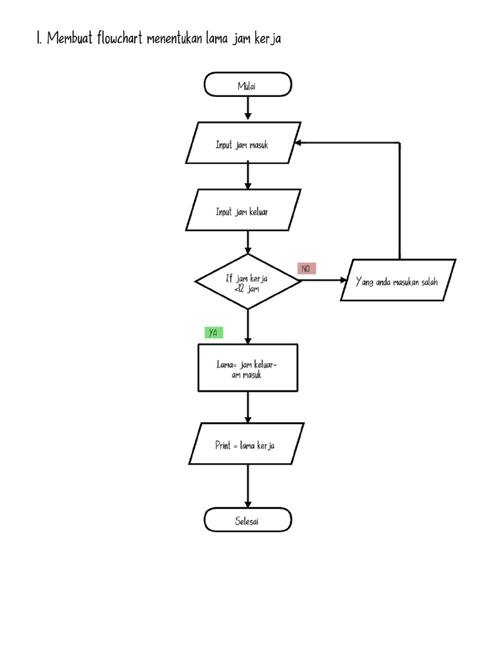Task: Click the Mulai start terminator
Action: tap(247, 85)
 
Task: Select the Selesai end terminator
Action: tap(247, 521)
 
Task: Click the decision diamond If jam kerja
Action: tap(247, 282)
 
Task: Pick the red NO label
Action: tap(306, 269)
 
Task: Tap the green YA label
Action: tap(213, 333)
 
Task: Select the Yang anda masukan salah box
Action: tap(397, 280)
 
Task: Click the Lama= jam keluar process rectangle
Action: tap(247, 368)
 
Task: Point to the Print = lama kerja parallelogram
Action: tap(246, 445)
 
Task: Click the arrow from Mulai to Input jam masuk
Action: tap(247, 109)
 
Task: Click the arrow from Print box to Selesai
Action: tap(247, 487)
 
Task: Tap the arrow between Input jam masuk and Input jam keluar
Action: tap(247, 175)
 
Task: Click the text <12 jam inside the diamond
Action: tap(246, 289)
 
